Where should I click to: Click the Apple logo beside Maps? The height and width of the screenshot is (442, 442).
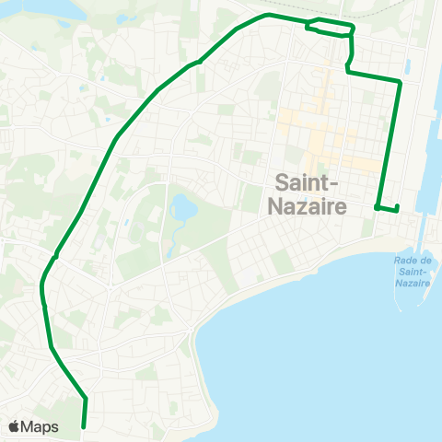pyautogui.click(x=15, y=426)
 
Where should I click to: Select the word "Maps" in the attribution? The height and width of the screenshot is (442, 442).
pyautogui.click(x=41, y=426)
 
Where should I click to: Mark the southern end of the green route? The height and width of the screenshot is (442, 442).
pyautogui.click(x=84, y=427)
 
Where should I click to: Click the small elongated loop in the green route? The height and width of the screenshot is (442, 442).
pyautogui.click(x=330, y=27)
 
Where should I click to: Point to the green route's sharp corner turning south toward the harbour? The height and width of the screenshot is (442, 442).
pyautogui.click(x=399, y=83)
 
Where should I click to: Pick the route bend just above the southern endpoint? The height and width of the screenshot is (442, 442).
pyautogui.click(x=85, y=398)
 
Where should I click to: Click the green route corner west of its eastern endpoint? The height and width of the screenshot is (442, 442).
pyautogui.click(x=378, y=207)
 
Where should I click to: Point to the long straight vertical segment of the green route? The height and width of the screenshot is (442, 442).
pyautogui.click(x=389, y=143)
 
